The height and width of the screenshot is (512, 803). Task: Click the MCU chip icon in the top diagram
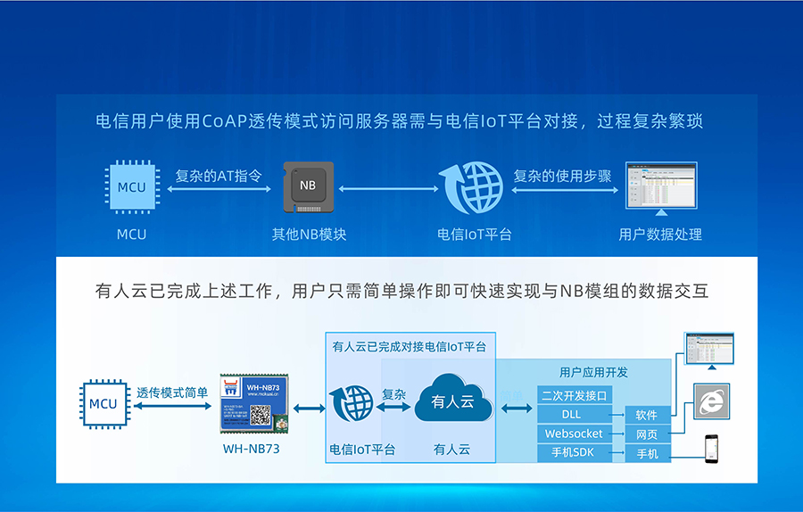pyautogui.click(x=131, y=187)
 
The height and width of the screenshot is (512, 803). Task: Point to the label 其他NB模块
pyautogui.click(x=309, y=235)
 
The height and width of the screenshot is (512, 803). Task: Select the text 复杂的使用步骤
pyautogui.click(x=562, y=176)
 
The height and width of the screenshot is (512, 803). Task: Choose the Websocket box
pyautogui.click(x=574, y=434)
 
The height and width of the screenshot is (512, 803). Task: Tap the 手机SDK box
pyautogui.click(x=574, y=453)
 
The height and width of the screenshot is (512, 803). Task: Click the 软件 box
pyautogui.click(x=647, y=415)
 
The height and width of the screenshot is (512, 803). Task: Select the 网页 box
pyautogui.click(x=647, y=434)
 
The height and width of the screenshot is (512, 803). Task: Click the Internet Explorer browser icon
pyautogui.click(x=711, y=401)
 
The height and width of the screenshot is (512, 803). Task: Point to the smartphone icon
pyautogui.click(x=711, y=447)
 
